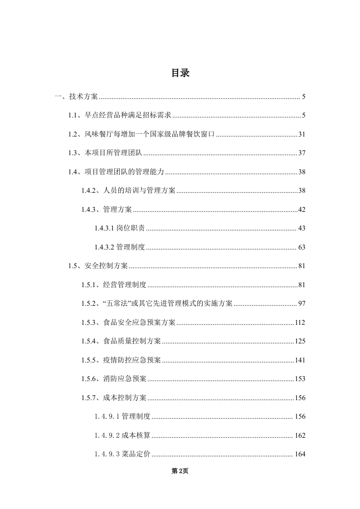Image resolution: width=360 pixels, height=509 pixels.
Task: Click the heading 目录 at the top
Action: click(180, 73)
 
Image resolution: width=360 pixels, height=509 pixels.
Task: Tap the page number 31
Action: click(302, 134)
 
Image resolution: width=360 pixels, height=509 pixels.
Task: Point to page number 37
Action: click(302, 153)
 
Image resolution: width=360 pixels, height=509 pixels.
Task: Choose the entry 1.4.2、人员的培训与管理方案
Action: click(128, 191)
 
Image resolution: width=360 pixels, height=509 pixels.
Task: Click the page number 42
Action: click(302, 210)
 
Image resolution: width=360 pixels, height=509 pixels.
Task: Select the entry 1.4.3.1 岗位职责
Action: click(120, 228)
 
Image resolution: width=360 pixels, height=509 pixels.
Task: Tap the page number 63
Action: click(302, 247)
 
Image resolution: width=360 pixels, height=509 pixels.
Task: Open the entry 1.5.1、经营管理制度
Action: click(114, 285)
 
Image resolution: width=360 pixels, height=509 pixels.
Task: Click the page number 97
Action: click(302, 303)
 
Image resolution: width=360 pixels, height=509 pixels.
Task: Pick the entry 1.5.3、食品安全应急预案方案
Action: click(128, 323)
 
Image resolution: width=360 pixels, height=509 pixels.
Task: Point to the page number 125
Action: click(300, 341)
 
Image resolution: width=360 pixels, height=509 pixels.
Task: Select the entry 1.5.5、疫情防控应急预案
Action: click(121, 360)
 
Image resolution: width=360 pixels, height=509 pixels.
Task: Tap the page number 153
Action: click(300, 379)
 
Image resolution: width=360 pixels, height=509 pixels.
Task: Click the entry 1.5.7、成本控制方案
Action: click(114, 398)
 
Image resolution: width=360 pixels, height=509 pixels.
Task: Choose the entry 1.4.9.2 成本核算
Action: click(123, 436)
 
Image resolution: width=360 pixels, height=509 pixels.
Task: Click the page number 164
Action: click(300, 454)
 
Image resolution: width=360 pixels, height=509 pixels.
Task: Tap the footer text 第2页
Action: click(180, 471)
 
